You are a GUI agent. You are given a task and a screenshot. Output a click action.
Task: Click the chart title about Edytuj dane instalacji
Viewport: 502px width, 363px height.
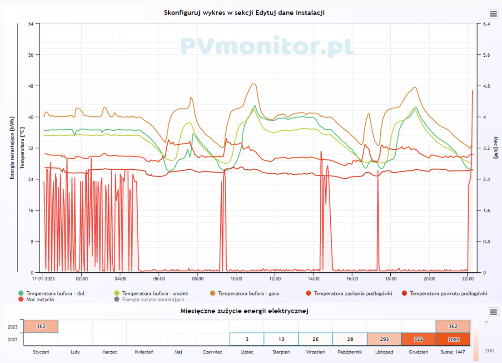(x=244, y=13)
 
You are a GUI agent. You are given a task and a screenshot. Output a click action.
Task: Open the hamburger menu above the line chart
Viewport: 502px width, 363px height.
(x=493, y=14)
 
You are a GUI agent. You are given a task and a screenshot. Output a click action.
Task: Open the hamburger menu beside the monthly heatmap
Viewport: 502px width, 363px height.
(x=493, y=312)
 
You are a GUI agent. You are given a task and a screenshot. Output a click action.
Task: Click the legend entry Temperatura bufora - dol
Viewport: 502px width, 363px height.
(x=55, y=294)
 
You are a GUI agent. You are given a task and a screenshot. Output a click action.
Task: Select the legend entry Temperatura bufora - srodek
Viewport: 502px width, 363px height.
(x=155, y=294)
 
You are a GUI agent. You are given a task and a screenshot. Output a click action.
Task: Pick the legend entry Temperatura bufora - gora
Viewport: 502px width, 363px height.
(x=248, y=294)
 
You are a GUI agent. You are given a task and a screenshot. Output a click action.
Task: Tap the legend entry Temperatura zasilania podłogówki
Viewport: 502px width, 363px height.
(x=353, y=294)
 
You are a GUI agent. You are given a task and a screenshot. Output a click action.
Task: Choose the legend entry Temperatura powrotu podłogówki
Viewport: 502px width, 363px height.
(x=448, y=294)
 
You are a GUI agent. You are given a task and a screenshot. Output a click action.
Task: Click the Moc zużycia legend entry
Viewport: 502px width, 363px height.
(x=40, y=299)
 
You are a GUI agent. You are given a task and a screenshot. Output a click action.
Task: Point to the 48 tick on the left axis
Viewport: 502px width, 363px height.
(x=31, y=86)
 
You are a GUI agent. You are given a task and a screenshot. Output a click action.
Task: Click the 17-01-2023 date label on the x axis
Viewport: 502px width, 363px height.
(x=43, y=278)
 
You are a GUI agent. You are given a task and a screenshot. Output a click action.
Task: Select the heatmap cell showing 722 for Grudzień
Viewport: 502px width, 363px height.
(x=418, y=339)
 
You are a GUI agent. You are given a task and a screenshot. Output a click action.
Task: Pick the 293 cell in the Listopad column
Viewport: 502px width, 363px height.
(x=383, y=339)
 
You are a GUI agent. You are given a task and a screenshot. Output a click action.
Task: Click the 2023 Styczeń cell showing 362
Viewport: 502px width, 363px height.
(x=41, y=326)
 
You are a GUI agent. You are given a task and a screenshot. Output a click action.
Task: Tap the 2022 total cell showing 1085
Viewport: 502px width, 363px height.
(x=452, y=339)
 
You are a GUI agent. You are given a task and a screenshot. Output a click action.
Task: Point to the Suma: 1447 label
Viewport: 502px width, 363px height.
(x=452, y=352)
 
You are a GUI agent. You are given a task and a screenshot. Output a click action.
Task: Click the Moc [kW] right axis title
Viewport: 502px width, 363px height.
(x=496, y=147)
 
